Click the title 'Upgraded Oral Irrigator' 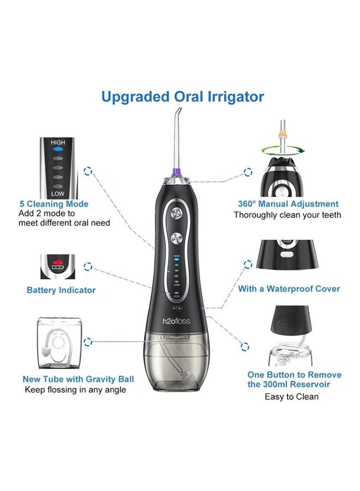[183, 97]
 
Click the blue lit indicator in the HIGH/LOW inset [58, 148]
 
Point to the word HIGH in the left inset [58, 142]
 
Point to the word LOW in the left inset [58, 194]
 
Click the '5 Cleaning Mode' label [54, 204]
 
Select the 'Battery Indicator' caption [61, 290]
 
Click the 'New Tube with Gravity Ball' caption [78, 379]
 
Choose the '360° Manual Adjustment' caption [288, 204]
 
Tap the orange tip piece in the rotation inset [282, 133]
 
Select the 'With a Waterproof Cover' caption [289, 289]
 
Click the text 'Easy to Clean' [291, 396]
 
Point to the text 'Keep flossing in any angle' [75, 390]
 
